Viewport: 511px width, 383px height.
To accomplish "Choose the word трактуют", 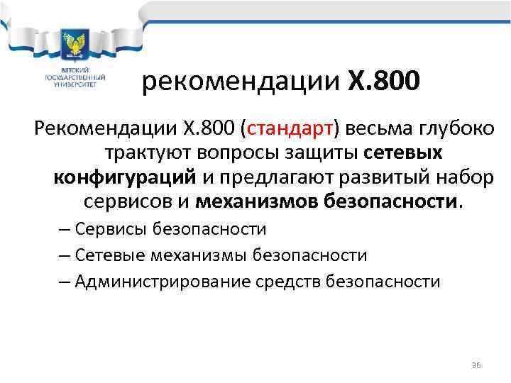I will coord(148,153).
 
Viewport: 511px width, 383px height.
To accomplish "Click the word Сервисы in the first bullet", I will coord(104,230).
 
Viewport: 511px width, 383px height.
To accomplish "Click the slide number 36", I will coord(476,365).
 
